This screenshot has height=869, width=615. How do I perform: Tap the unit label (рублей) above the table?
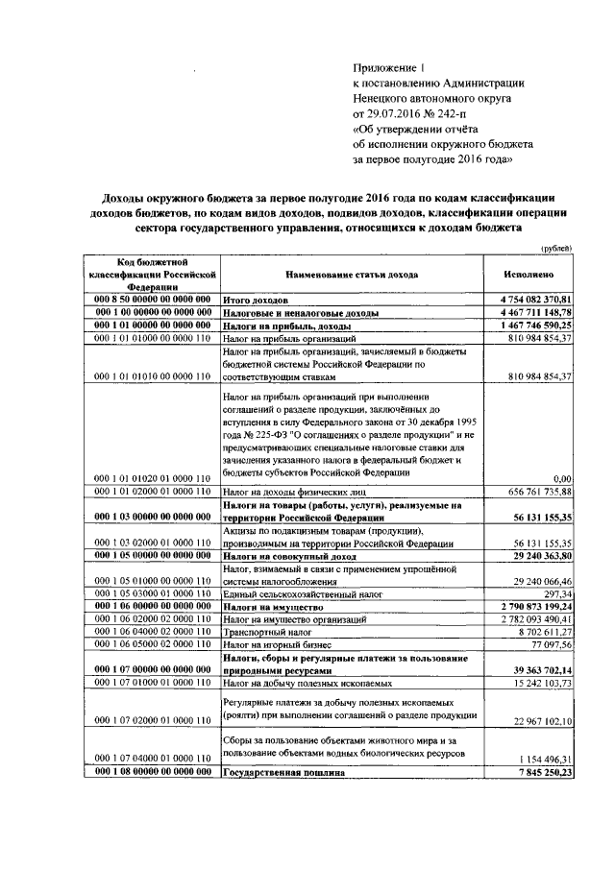pos(556,248)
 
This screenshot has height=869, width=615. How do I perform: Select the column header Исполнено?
pos(526,274)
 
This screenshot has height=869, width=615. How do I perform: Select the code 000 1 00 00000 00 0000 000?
pos(153,313)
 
